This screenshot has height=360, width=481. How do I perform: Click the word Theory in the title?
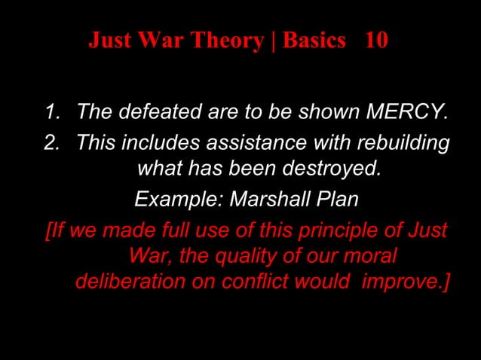click(x=228, y=41)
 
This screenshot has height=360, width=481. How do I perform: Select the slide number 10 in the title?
click(x=375, y=41)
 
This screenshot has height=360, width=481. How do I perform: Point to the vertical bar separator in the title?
click(x=275, y=41)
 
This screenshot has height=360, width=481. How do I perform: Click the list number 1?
click(x=51, y=114)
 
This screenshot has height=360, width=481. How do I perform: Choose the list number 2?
click(x=51, y=142)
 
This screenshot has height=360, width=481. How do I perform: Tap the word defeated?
click(x=156, y=114)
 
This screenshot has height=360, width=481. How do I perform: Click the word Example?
click(x=178, y=200)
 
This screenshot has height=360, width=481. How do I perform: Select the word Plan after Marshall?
click(x=335, y=200)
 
